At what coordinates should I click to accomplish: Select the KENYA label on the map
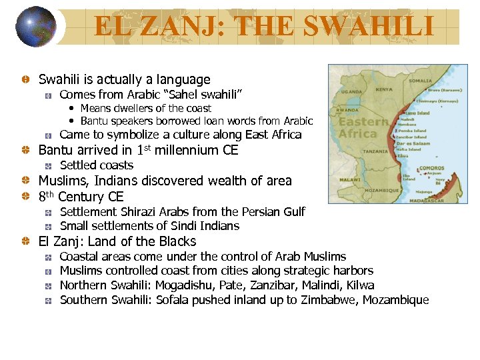click(x=384, y=89)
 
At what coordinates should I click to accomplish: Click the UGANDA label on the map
click(x=351, y=91)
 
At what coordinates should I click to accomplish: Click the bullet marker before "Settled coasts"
click(x=49, y=165)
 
